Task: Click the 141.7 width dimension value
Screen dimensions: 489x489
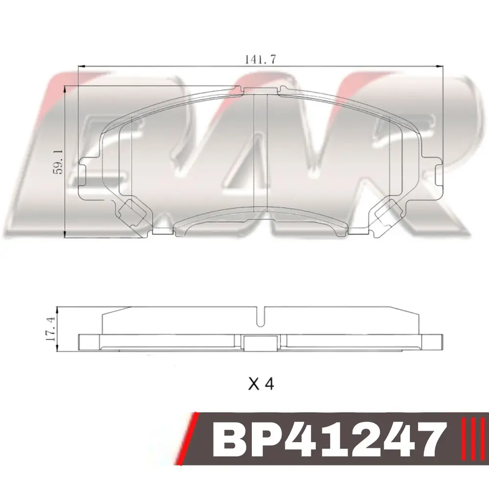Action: [x=260, y=59]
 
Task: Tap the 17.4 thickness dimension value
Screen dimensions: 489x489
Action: [x=50, y=329]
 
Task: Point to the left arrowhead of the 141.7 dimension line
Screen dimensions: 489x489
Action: [x=81, y=66]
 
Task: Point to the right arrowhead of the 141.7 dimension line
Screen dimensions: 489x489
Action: [x=439, y=66]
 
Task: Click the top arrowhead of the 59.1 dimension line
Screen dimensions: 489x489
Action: [x=65, y=89]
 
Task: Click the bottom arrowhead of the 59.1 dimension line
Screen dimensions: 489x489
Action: [x=65, y=235]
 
